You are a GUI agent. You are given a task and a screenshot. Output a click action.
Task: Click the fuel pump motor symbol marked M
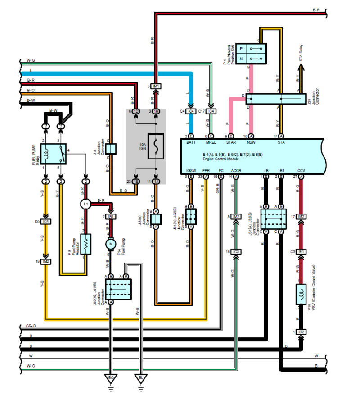(111, 244)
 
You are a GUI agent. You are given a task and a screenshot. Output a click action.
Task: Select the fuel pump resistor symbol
(85, 244)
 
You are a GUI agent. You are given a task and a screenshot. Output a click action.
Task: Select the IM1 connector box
(156, 86)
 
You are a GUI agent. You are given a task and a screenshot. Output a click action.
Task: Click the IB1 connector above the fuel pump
(111, 216)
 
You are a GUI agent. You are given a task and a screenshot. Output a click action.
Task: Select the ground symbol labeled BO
(111, 377)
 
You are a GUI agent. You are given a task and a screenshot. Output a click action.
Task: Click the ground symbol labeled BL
(140, 377)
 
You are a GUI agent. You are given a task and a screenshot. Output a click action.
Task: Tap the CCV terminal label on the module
(301, 171)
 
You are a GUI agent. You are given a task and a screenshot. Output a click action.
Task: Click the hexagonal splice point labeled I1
(85, 204)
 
